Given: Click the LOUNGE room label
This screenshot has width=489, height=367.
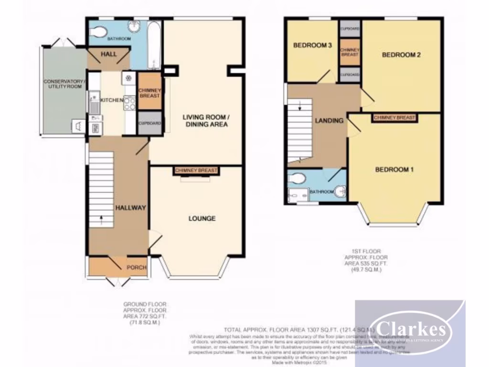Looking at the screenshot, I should coord(202,218).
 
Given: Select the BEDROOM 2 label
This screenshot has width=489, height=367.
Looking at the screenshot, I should coord(401,55).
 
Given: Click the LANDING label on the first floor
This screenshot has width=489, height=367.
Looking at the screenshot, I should coord(329,120).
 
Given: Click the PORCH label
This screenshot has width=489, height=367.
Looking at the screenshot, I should coord(136,267).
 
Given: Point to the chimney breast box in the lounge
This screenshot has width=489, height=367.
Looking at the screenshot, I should coord(196,171).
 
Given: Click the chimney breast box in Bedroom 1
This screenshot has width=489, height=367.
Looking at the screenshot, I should coord(394,118).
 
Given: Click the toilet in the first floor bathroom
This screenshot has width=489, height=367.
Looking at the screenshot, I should coord(297,179).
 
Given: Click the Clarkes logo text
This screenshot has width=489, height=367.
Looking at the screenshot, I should coord(410,329).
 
